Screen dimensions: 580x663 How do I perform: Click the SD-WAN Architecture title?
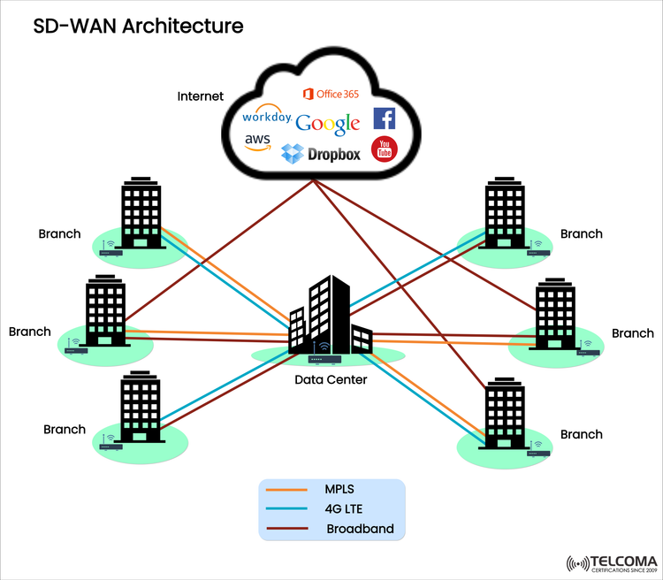tap(138, 26)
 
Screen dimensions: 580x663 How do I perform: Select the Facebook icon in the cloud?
tap(384, 118)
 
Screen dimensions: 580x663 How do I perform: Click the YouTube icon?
tap(384, 149)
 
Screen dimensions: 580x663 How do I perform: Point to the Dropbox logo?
tap(321, 154)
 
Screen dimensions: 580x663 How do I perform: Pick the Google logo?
tap(327, 124)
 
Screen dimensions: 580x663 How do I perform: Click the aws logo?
tap(257, 141)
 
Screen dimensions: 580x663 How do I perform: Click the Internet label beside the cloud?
tap(201, 95)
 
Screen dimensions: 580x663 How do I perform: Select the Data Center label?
tap(330, 379)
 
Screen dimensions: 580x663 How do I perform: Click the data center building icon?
tap(330, 314)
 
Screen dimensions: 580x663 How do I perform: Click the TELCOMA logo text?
tap(620, 561)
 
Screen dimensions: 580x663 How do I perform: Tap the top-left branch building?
tap(138, 214)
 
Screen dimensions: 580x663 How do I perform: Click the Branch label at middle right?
tap(633, 333)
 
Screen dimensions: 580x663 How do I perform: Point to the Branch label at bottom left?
tap(65, 429)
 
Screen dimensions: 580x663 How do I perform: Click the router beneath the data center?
tap(326, 359)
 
